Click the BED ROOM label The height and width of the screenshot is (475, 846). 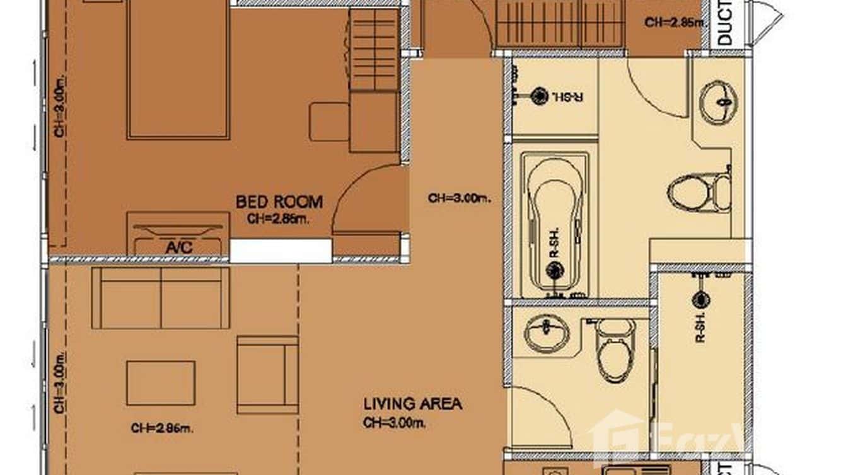point(279,202)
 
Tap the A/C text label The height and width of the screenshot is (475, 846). point(178,248)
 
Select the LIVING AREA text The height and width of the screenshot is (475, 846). point(412,403)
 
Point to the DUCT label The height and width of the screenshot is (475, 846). point(726,23)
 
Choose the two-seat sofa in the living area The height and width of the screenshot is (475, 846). point(161,297)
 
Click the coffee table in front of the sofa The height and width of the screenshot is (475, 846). point(161,382)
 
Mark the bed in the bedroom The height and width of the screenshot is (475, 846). point(178,69)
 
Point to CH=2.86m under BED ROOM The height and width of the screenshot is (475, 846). point(279,219)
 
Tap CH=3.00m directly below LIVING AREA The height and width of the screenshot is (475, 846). point(395,423)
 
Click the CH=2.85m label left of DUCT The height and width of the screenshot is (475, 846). point(673,23)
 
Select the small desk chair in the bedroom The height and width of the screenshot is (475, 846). point(328,122)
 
